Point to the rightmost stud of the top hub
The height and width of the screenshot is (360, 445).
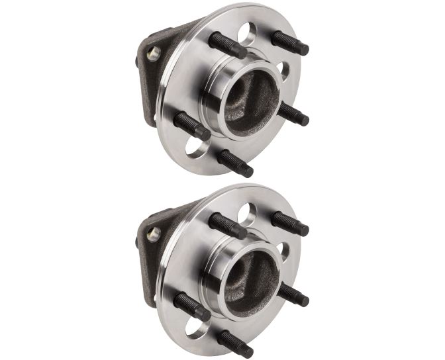click(293, 114)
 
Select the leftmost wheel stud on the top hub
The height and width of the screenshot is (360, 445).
click(191, 125)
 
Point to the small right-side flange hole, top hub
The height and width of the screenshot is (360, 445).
click(284, 70)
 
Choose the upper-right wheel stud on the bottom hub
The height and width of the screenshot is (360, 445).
click(289, 223)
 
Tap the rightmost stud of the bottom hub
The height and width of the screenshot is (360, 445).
click(293, 294)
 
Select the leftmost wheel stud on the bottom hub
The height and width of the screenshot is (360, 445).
click(191, 306)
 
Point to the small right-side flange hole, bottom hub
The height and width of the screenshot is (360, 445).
click(284, 250)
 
